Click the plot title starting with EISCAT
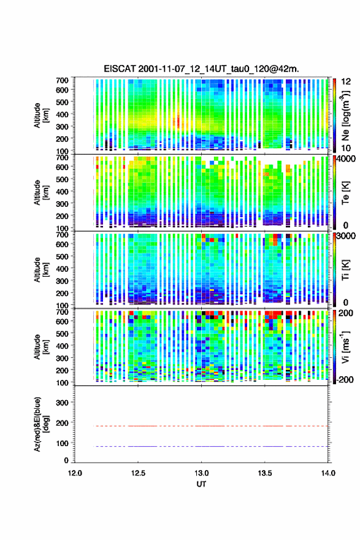pyautogui.click(x=201, y=69)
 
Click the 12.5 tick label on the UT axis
pyautogui.click(x=138, y=473)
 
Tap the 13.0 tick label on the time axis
pyautogui.click(x=201, y=473)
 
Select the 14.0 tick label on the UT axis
pyautogui.click(x=328, y=473)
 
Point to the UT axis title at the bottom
pyautogui.click(x=201, y=484)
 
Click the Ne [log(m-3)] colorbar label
pyautogui.click(x=345, y=116)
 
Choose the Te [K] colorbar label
pyautogui.click(x=345, y=193)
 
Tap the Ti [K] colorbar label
pyautogui.click(x=345, y=270)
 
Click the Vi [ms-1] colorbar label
pyautogui.click(x=345, y=347)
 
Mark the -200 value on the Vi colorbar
pyautogui.click(x=345, y=379)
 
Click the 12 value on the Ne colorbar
pyautogui.click(x=347, y=82)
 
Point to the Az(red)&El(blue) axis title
pyautogui.click(x=41, y=424)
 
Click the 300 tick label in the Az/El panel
pyautogui.click(x=62, y=403)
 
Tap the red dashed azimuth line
pyautogui.click(x=211, y=426)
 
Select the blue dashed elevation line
pyautogui.click(x=211, y=446)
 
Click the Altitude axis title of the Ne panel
pyautogui.click(x=41, y=115)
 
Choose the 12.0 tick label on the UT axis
pyautogui.click(x=75, y=473)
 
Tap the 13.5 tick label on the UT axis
pyautogui.click(x=265, y=473)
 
